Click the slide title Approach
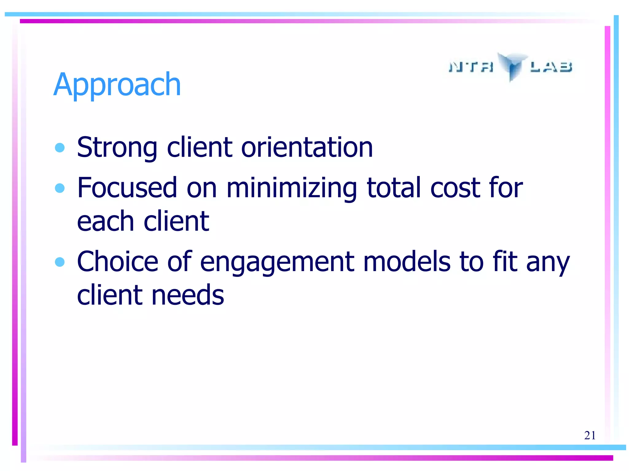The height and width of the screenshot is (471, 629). click(x=117, y=85)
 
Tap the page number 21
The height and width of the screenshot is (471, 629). click(x=590, y=435)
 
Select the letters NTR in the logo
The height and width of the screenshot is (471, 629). click(x=471, y=67)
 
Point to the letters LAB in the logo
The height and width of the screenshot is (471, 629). click(x=551, y=67)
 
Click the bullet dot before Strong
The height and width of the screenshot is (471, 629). click(x=60, y=148)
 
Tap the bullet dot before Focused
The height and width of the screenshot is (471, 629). click(x=60, y=188)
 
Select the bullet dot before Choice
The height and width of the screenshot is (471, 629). click(x=60, y=262)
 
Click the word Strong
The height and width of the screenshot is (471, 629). click(x=117, y=148)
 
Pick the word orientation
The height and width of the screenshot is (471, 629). click(x=307, y=148)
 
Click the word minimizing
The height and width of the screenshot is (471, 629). click(x=292, y=188)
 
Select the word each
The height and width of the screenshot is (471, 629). click(x=105, y=221)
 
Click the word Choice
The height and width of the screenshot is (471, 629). click(x=118, y=262)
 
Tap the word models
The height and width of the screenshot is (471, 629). click(x=407, y=262)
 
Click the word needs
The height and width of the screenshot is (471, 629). click(x=188, y=295)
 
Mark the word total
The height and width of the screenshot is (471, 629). click(x=394, y=188)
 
